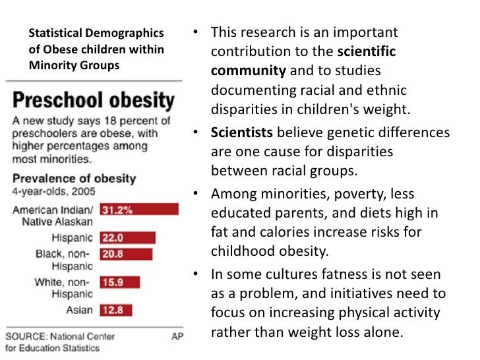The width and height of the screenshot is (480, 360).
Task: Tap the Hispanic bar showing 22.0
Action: (x=127, y=237)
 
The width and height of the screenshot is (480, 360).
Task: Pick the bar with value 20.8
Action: (x=126, y=254)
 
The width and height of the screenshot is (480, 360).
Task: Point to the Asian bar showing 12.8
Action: (x=115, y=309)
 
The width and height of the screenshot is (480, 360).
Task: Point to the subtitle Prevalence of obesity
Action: (x=73, y=179)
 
